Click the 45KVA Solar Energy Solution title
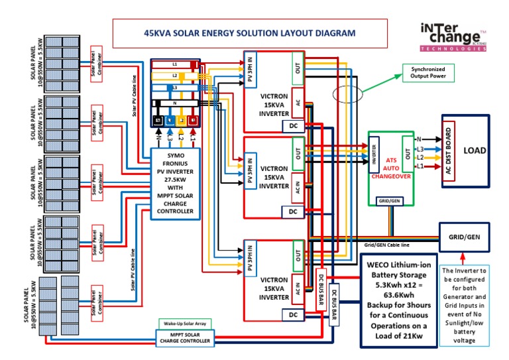point(250,32)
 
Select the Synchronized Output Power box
point(428,73)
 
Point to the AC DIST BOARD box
point(449,151)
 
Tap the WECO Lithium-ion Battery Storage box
point(398,300)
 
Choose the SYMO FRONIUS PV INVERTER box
point(175,182)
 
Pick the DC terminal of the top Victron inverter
point(293,125)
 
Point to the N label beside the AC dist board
point(419,139)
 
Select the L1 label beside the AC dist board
point(420,166)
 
